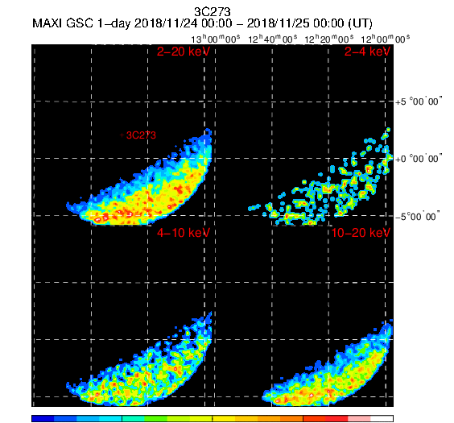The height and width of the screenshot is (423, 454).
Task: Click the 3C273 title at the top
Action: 213,12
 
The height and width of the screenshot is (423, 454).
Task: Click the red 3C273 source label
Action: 142,135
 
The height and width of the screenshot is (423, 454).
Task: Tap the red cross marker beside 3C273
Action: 122,135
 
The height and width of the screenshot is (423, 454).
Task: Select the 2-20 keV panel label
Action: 184,52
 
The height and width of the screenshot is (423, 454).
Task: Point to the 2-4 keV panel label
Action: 367,52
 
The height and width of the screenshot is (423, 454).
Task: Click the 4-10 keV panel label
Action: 184,233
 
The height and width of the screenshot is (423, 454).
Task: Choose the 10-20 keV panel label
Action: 361,233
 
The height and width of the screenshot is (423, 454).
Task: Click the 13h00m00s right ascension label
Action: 216,39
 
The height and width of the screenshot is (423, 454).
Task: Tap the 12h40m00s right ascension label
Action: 272,39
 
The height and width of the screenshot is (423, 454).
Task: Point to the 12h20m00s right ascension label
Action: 329,39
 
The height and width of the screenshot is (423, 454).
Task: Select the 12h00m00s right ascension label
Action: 386,39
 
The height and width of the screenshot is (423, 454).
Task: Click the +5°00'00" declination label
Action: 419,102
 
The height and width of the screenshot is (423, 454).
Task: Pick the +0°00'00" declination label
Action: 419,159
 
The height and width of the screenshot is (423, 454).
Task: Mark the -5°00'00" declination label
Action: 418,217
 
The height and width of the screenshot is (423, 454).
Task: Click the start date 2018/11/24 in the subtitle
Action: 167,23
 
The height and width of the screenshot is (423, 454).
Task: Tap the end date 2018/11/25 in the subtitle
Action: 279,23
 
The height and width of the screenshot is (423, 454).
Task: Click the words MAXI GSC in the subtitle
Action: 63,23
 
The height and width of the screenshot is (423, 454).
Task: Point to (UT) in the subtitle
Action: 360,23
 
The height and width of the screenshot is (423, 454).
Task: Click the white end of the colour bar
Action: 382,418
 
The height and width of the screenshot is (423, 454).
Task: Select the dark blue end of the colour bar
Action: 43,418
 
